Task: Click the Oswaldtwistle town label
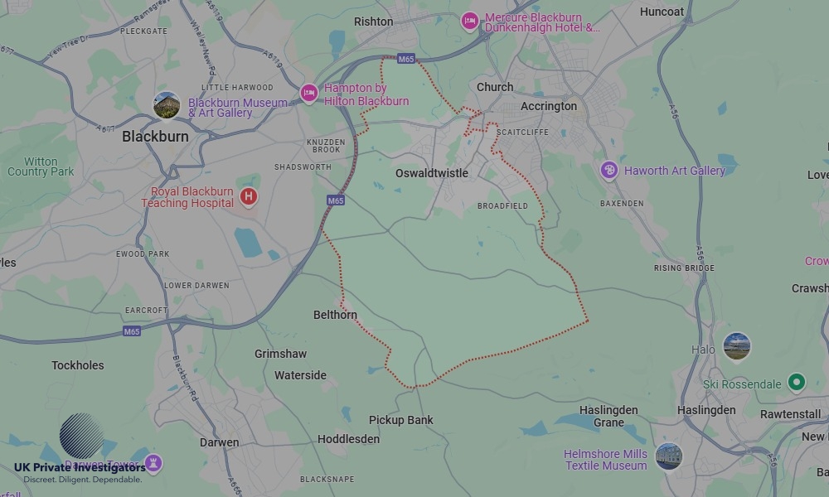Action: tap(431, 173)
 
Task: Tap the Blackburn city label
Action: tap(155, 136)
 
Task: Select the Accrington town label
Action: tap(548, 106)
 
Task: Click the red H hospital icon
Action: tap(248, 196)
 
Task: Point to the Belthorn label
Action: tap(335, 315)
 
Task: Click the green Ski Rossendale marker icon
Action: tap(797, 382)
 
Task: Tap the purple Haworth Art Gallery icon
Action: tap(609, 171)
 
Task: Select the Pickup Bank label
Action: tap(400, 420)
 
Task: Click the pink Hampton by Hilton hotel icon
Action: tap(309, 92)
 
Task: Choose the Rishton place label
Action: tap(373, 22)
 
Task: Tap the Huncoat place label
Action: tap(662, 12)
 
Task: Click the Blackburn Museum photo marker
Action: tap(167, 105)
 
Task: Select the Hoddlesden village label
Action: tap(348, 439)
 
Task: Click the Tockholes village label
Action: tap(78, 365)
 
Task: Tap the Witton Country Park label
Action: tap(41, 166)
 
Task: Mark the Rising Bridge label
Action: tap(684, 268)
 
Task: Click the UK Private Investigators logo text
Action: tap(80, 468)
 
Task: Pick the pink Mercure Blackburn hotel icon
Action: tap(470, 21)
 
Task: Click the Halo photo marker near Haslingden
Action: tap(736, 346)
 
